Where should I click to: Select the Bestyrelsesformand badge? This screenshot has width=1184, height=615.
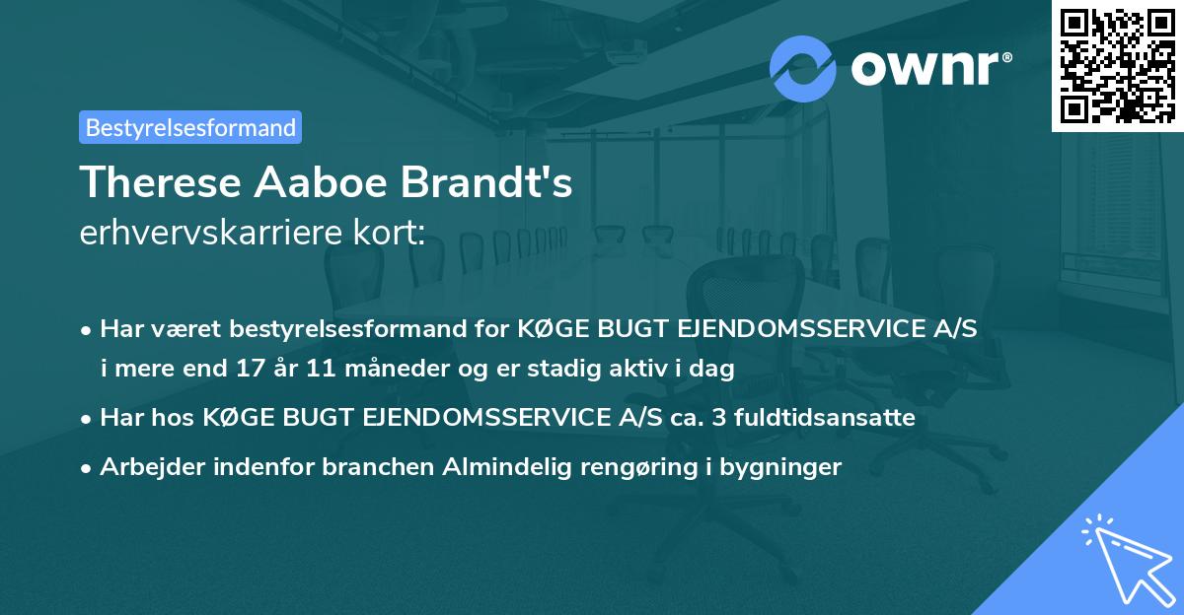point(190,127)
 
